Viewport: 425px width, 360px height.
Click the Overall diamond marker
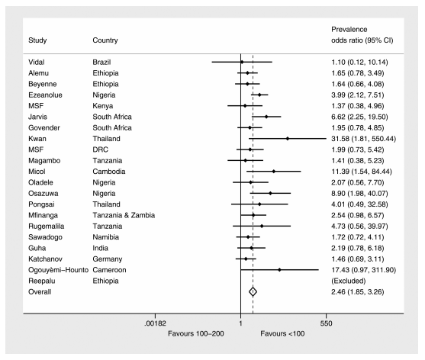(253, 292)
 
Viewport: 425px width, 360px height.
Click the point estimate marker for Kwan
(288, 139)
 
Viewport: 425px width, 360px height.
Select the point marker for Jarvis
(266, 117)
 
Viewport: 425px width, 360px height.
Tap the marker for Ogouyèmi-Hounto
(279, 270)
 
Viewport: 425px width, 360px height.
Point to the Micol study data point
(273, 172)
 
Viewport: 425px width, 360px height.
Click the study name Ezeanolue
(45, 95)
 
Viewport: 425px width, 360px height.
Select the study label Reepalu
(42, 281)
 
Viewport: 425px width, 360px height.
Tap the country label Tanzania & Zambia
(124, 215)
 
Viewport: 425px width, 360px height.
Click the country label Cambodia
(109, 172)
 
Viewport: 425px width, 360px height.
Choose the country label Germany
(108, 259)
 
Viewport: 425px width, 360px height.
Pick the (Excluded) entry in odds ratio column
(349, 281)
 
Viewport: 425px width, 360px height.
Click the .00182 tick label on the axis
(156, 323)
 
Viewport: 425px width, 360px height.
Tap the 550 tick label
(326, 323)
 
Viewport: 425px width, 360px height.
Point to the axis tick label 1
(240, 323)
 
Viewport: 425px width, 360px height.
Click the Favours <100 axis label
(282, 333)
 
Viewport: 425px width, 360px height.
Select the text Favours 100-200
(196, 333)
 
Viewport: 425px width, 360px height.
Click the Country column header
(105, 40)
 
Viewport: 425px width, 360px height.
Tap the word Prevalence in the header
(349, 29)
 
